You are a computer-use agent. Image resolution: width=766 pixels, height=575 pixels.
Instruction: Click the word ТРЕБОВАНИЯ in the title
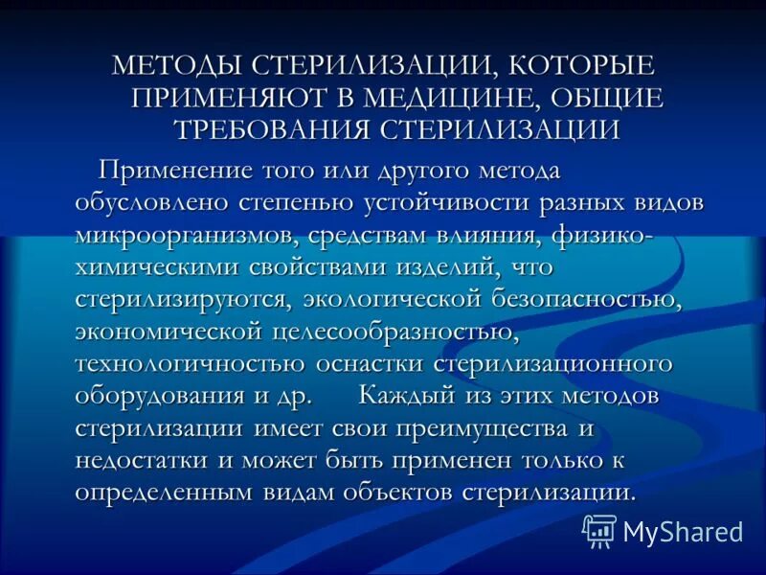(273, 127)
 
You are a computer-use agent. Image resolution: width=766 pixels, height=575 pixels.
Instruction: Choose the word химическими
(162, 266)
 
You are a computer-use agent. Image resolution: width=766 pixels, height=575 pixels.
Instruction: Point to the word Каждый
(413, 396)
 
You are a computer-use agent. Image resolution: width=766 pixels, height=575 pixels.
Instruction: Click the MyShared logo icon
(599, 529)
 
